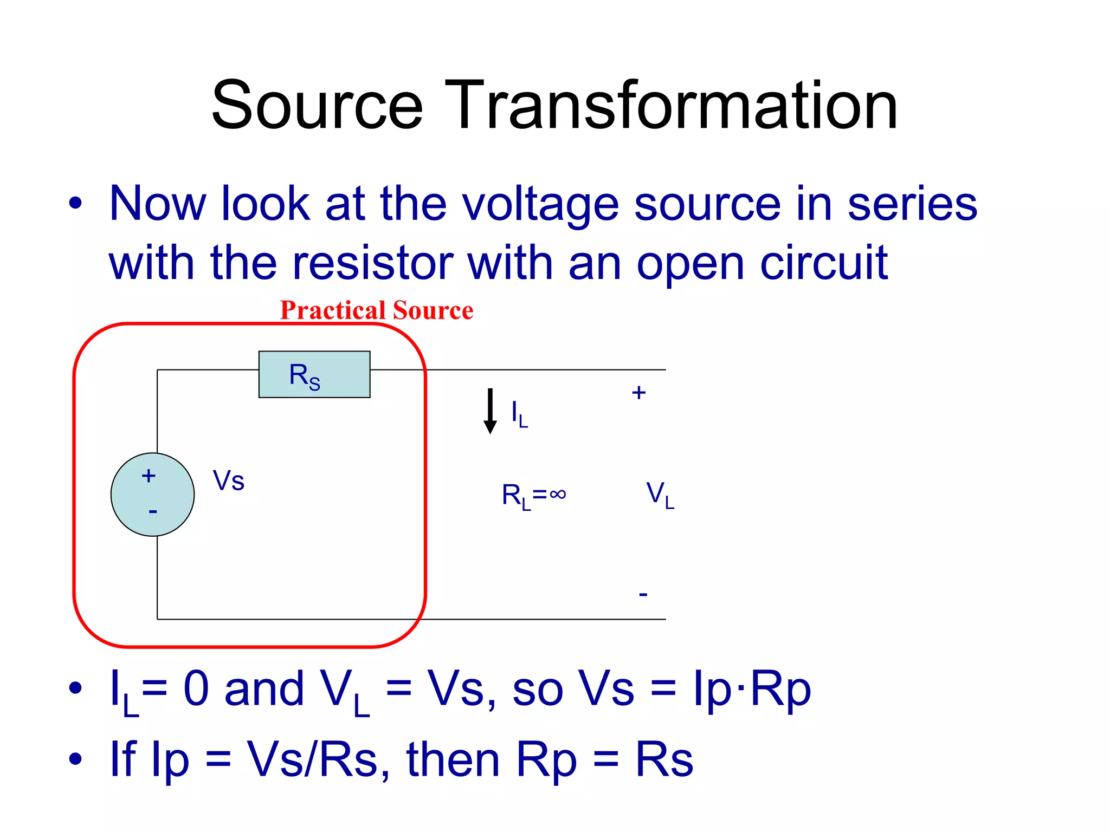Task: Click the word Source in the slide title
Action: [x=317, y=105]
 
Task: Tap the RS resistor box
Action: [x=314, y=374]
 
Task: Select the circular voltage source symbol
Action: [x=153, y=495]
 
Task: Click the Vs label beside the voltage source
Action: [x=228, y=480]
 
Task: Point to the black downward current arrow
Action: [x=490, y=411]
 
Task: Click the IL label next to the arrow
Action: [x=519, y=414]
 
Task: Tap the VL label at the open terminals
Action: [x=660, y=495]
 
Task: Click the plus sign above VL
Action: [x=639, y=393]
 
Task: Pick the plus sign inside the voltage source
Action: [x=149, y=476]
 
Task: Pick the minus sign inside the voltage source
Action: [x=153, y=511]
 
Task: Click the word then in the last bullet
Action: [x=453, y=759]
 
